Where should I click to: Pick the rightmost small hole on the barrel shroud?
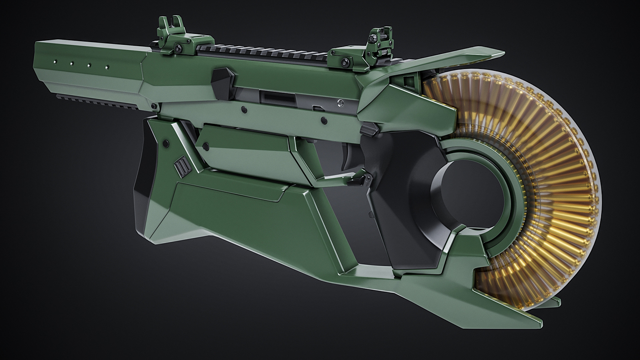[107, 67]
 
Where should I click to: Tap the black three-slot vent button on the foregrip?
[182, 166]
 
